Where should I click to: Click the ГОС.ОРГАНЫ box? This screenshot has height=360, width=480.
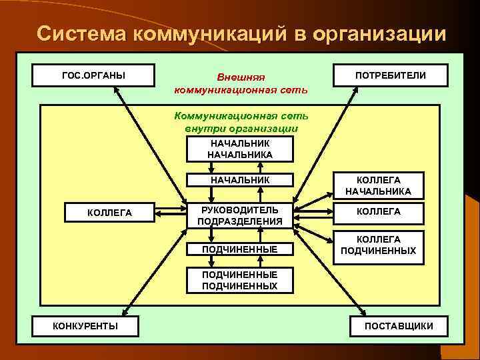pos(93,74)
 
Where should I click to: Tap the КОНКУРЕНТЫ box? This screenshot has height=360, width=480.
pos(86,325)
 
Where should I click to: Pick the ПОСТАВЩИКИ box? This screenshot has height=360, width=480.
pos(399,325)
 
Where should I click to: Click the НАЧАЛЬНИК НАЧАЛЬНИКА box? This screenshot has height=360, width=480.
pos(240,149)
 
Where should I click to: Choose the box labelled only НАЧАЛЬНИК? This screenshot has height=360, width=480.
pos(240,180)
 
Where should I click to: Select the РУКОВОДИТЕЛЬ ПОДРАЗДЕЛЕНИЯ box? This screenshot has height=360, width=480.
pos(240,215)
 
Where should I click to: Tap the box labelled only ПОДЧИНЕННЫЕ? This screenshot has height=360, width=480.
pos(240,249)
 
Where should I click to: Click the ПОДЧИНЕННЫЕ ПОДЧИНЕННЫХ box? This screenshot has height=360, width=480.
pos(240,280)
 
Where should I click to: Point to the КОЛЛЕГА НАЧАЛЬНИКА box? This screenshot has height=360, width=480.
pos(378,186)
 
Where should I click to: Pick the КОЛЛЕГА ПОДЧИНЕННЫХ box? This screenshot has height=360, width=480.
pos(378,245)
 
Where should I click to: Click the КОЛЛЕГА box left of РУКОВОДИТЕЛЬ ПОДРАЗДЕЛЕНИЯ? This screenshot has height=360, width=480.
pos(110,213)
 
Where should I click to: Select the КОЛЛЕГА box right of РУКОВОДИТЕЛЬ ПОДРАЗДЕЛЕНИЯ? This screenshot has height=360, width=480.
pos(378,211)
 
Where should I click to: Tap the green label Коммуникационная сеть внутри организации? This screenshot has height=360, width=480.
pos(241,121)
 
